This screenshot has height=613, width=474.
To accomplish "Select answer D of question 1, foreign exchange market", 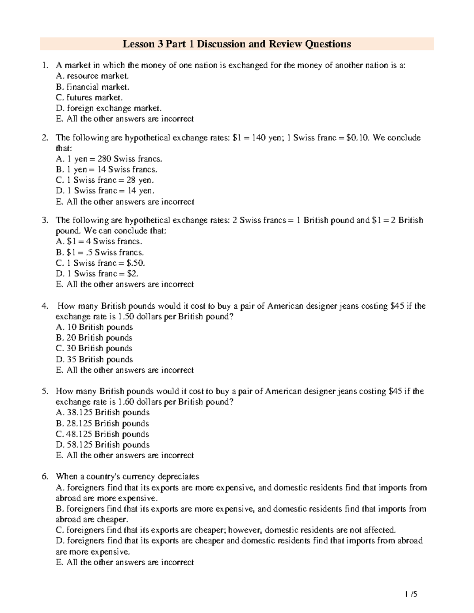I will coord(109,108).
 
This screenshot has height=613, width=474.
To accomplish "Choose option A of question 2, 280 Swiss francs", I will coord(109,159).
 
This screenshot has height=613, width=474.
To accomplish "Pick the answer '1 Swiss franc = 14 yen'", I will coord(105,191).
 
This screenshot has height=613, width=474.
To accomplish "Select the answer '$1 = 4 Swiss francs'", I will coord(99,242).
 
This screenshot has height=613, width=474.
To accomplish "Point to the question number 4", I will coord(45,306).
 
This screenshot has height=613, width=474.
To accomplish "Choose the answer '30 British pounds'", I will coord(94,349).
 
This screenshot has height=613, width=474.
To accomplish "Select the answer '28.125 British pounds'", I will coord(103,424).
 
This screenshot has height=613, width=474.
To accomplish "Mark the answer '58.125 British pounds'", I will coord(103,445).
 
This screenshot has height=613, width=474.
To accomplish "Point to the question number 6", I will coord(45,476).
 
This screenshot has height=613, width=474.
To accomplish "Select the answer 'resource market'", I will coord(93,76).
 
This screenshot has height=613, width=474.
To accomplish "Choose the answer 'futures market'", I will coord(90,97).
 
